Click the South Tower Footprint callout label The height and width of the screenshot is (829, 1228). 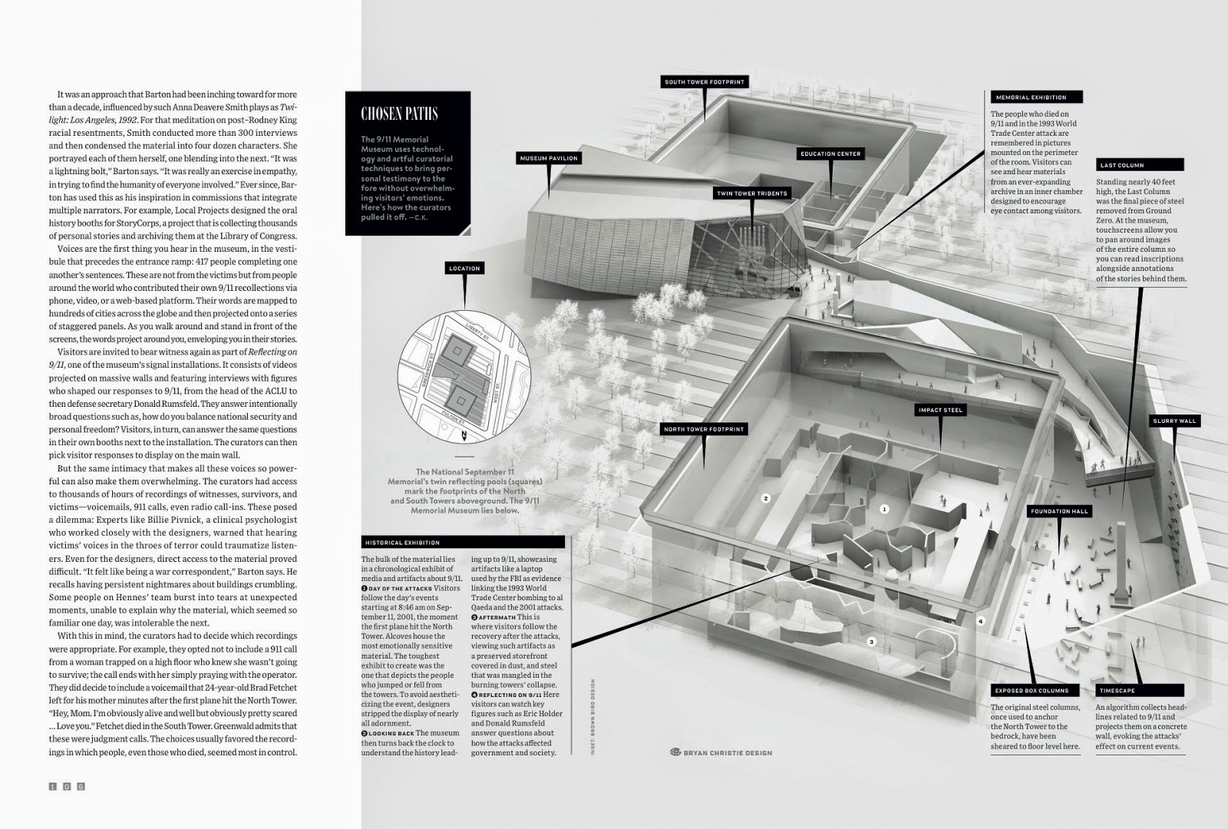point(704,82)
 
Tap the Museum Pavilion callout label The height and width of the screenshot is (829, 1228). point(549,158)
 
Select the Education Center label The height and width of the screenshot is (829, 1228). point(830,154)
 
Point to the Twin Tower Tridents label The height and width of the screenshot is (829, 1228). point(751,193)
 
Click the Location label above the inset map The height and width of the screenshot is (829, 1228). point(464,268)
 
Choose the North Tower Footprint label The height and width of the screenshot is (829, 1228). point(704,429)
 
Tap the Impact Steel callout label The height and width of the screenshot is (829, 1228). point(940,410)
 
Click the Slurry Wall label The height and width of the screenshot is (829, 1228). point(1174,421)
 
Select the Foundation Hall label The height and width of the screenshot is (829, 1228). point(1060,511)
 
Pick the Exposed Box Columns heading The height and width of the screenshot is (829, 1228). point(1031,691)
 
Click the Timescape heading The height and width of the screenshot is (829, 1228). point(1117,691)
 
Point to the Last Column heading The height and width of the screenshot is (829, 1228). point(1122,165)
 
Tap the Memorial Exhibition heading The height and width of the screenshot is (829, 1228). point(1031,97)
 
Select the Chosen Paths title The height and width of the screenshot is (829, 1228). point(399,114)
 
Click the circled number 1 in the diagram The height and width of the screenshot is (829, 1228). point(884,509)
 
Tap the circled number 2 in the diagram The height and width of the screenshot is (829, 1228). point(765,498)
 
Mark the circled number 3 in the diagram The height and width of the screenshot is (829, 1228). point(871,642)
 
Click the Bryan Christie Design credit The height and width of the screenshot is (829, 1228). point(721,752)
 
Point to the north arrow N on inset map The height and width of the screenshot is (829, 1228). point(464,434)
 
